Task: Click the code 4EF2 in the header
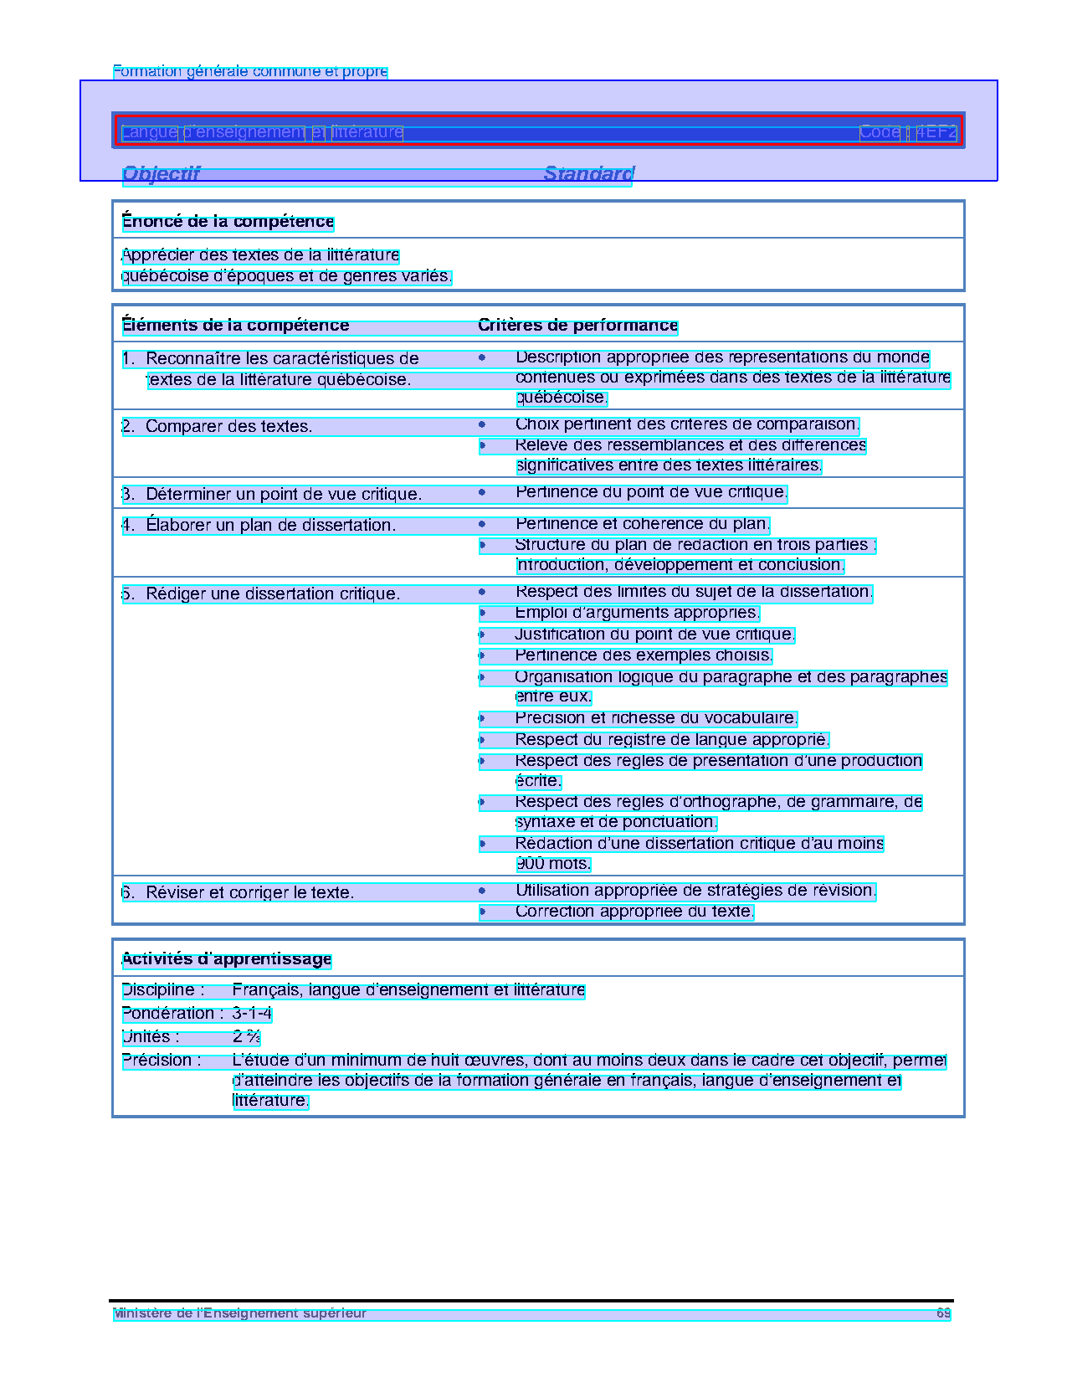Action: (x=936, y=132)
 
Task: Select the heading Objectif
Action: (x=162, y=173)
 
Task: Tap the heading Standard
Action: (x=588, y=173)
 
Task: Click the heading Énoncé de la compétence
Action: (x=228, y=222)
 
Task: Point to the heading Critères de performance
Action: (x=577, y=326)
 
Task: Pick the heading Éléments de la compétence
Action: (x=235, y=326)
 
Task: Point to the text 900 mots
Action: (x=553, y=864)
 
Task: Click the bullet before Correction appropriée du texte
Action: (x=482, y=912)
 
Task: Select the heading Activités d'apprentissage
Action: (x=227, y=959)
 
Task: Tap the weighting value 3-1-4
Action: (x=252, y=1014)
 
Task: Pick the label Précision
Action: (x=162, y=1061)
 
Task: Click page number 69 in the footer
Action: (x=943, y=1313)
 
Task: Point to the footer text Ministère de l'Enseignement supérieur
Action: (x=240, y=1313)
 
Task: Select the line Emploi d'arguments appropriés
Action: (x=637, y=613)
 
